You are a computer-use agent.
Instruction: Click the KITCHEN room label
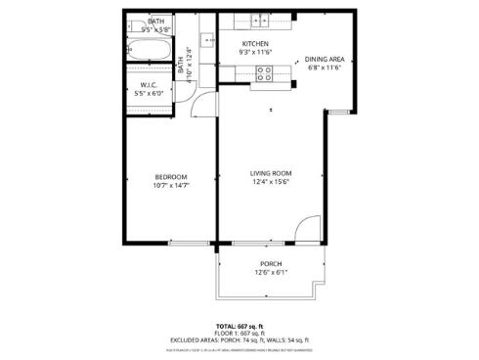click(255, 44)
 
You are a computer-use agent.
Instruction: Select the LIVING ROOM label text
click(271, 172)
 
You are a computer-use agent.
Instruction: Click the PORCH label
click(271, 264)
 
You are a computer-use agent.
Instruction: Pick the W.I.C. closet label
click(149, 85)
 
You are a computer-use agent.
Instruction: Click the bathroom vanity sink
click(207, 39)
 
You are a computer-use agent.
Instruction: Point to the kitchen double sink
click(259, 19)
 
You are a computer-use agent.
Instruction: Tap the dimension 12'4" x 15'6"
click(271, 182)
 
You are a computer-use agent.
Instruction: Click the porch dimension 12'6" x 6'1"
click(271, 273)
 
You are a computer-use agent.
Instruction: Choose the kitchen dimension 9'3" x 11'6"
click(255, 53)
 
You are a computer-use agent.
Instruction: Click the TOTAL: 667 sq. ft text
click(239, 325)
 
